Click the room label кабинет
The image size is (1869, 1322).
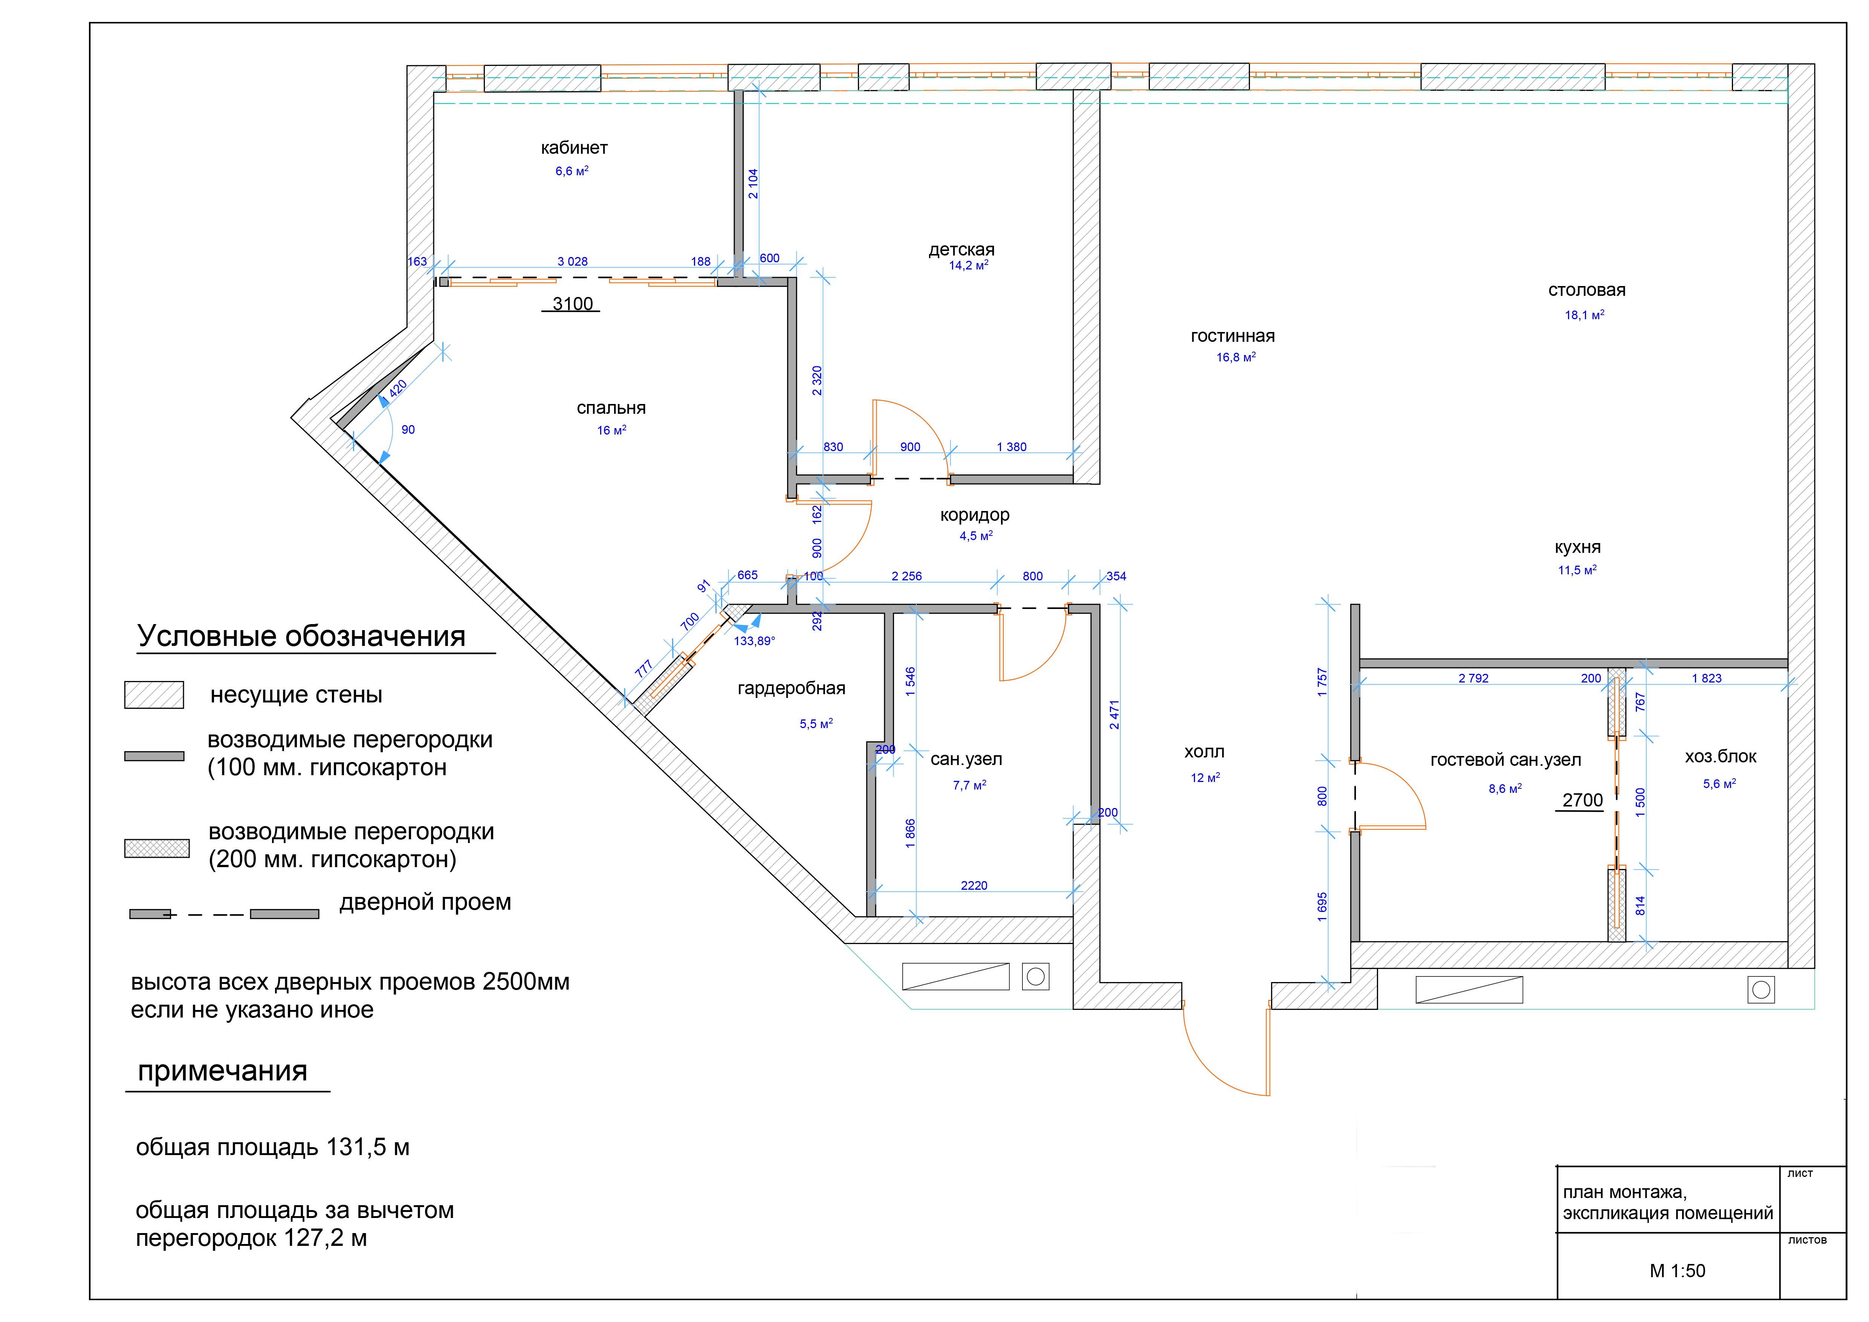tap(574, 148)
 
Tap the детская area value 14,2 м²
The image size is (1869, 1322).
tap(969, 265)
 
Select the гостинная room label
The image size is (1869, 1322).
tap(1232, 336)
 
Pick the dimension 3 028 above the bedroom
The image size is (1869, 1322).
tap(572, 261)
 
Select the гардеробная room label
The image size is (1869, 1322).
tap(791, 689)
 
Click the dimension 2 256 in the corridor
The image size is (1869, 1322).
tap(906, 576)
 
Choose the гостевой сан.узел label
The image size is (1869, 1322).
tap(1505, 760)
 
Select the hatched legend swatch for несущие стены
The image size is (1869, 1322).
tap(154, 695)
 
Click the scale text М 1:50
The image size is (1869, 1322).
tap(1677, 1271)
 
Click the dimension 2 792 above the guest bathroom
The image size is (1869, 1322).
tap(1473, 678)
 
